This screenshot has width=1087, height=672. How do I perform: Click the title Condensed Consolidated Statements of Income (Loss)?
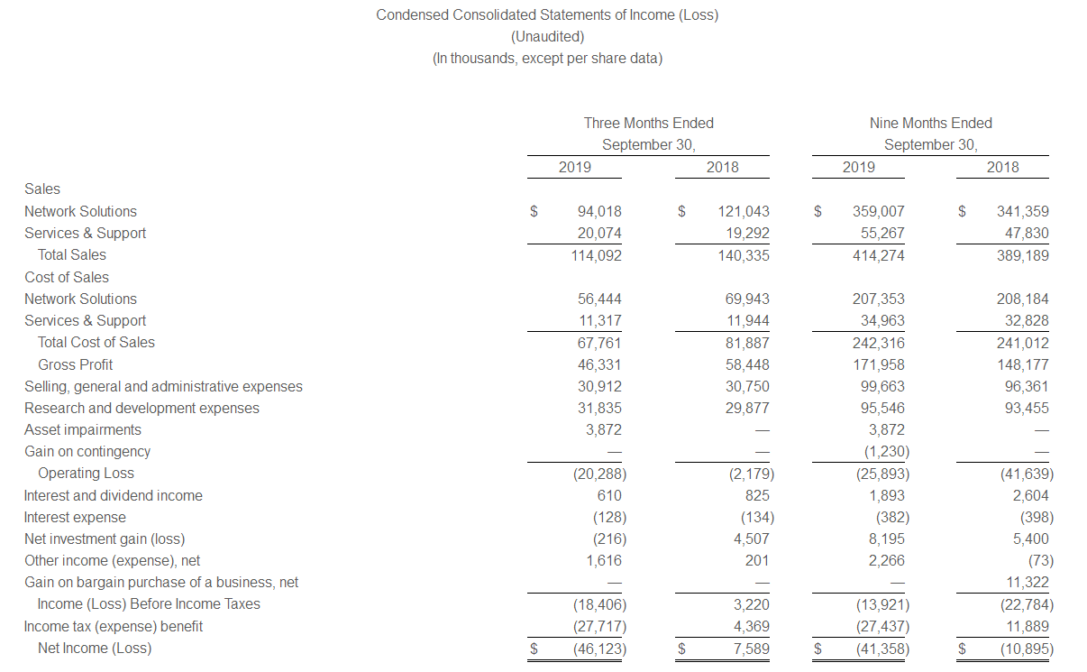(x=547, y=15)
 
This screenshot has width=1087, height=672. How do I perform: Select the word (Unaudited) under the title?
(x=547, y=37)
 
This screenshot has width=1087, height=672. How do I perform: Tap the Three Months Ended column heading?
(x=648, y=123)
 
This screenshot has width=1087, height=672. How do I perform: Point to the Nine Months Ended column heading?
(x=930, y=123)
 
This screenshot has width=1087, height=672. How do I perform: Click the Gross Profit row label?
(x=75, y=364)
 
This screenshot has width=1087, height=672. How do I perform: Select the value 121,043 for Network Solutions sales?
(x=744, y=211)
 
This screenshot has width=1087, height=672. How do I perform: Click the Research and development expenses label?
(x=142, y=408)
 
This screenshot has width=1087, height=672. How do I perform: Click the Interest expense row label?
(x=75, y=518)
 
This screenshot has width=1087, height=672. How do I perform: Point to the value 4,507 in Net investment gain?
(x=750, y=539)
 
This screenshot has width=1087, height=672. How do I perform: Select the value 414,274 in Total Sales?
(x=879, y=255)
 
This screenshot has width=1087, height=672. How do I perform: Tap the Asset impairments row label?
(x=83, y=430)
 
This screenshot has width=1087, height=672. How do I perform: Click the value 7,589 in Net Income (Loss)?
(x=750, y=649)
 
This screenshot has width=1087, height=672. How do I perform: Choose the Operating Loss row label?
(x=86, y=474)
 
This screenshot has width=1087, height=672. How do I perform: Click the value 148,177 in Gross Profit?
(x=1023, y=364)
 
